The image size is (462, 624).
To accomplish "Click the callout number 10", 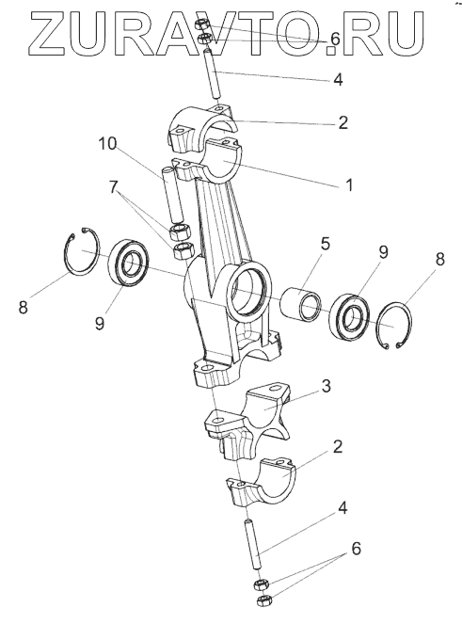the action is (x=107, y=144).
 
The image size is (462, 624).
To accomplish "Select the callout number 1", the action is (x=349, y=185).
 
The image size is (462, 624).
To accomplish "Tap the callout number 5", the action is (x=326, y=244).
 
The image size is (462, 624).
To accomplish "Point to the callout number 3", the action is (x=327, y=386).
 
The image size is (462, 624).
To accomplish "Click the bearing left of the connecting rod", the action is (x=129, y=262).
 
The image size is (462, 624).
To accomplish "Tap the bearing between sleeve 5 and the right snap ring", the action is (x=350, y=317).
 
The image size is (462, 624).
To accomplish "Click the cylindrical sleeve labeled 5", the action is (x=301, y=304).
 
